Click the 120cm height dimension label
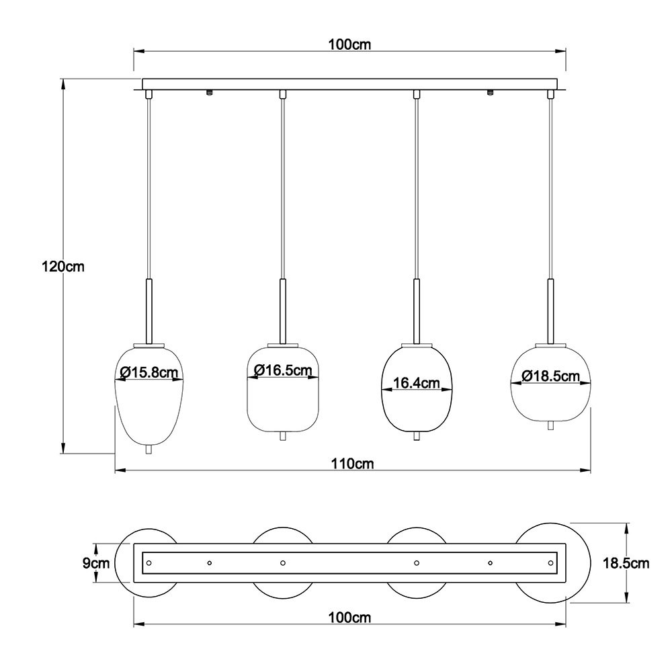[x=63, y=267]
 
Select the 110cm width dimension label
[x=352, y=463]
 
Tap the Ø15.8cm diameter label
[x=149, y=372]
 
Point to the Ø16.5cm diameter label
[x=284, y=370]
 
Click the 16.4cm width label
[x=417, y=383]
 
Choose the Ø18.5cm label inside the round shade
[x=551, y=376]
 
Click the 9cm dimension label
[x=96, y=562]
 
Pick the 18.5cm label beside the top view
[x=626, y=562]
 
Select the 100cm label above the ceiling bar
[x=349, y=44]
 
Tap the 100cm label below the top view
[x=349, y=618]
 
